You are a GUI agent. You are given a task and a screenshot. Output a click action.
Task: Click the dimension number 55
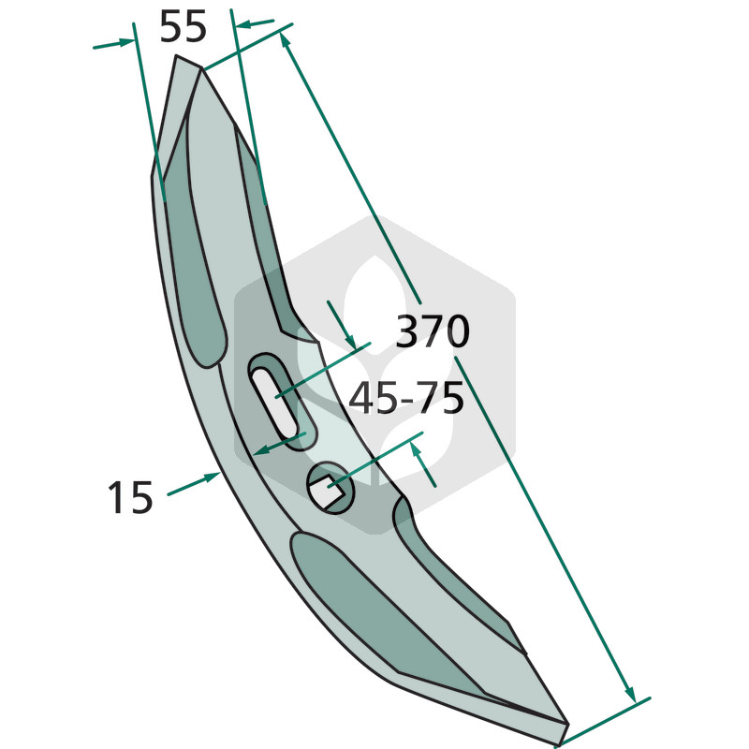(183, 27)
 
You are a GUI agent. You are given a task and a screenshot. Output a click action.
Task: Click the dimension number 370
(433, 331)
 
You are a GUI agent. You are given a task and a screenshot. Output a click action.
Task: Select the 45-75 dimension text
(406, 397)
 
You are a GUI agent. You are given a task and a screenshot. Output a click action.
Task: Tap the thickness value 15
(130, 497)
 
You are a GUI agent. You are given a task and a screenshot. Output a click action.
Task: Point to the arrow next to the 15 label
(194, 483)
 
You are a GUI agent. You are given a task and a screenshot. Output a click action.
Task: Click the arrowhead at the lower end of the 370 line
(630, 693)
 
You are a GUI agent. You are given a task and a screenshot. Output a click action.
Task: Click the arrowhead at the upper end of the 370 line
(286, 41)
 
